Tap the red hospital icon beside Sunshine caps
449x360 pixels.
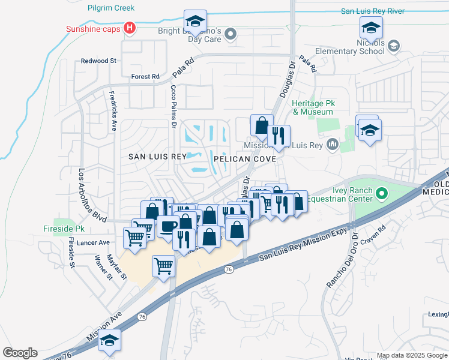coord(128,28)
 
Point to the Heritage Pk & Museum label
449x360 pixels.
coord(312,107)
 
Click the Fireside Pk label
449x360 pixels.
coord(64,229)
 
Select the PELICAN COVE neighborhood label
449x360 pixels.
coord(244,159)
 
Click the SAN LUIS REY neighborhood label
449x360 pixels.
coord(158,156)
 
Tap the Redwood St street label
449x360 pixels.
coord(99,61)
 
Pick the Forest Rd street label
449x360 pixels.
coord(145,77)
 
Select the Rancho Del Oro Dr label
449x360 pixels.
coord(341,258)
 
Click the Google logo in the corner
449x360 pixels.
coord(20,352)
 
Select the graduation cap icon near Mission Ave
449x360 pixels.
coord(109,340)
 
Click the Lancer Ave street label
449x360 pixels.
coord(97,242)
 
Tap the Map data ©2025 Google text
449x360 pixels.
coord(412,355)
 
